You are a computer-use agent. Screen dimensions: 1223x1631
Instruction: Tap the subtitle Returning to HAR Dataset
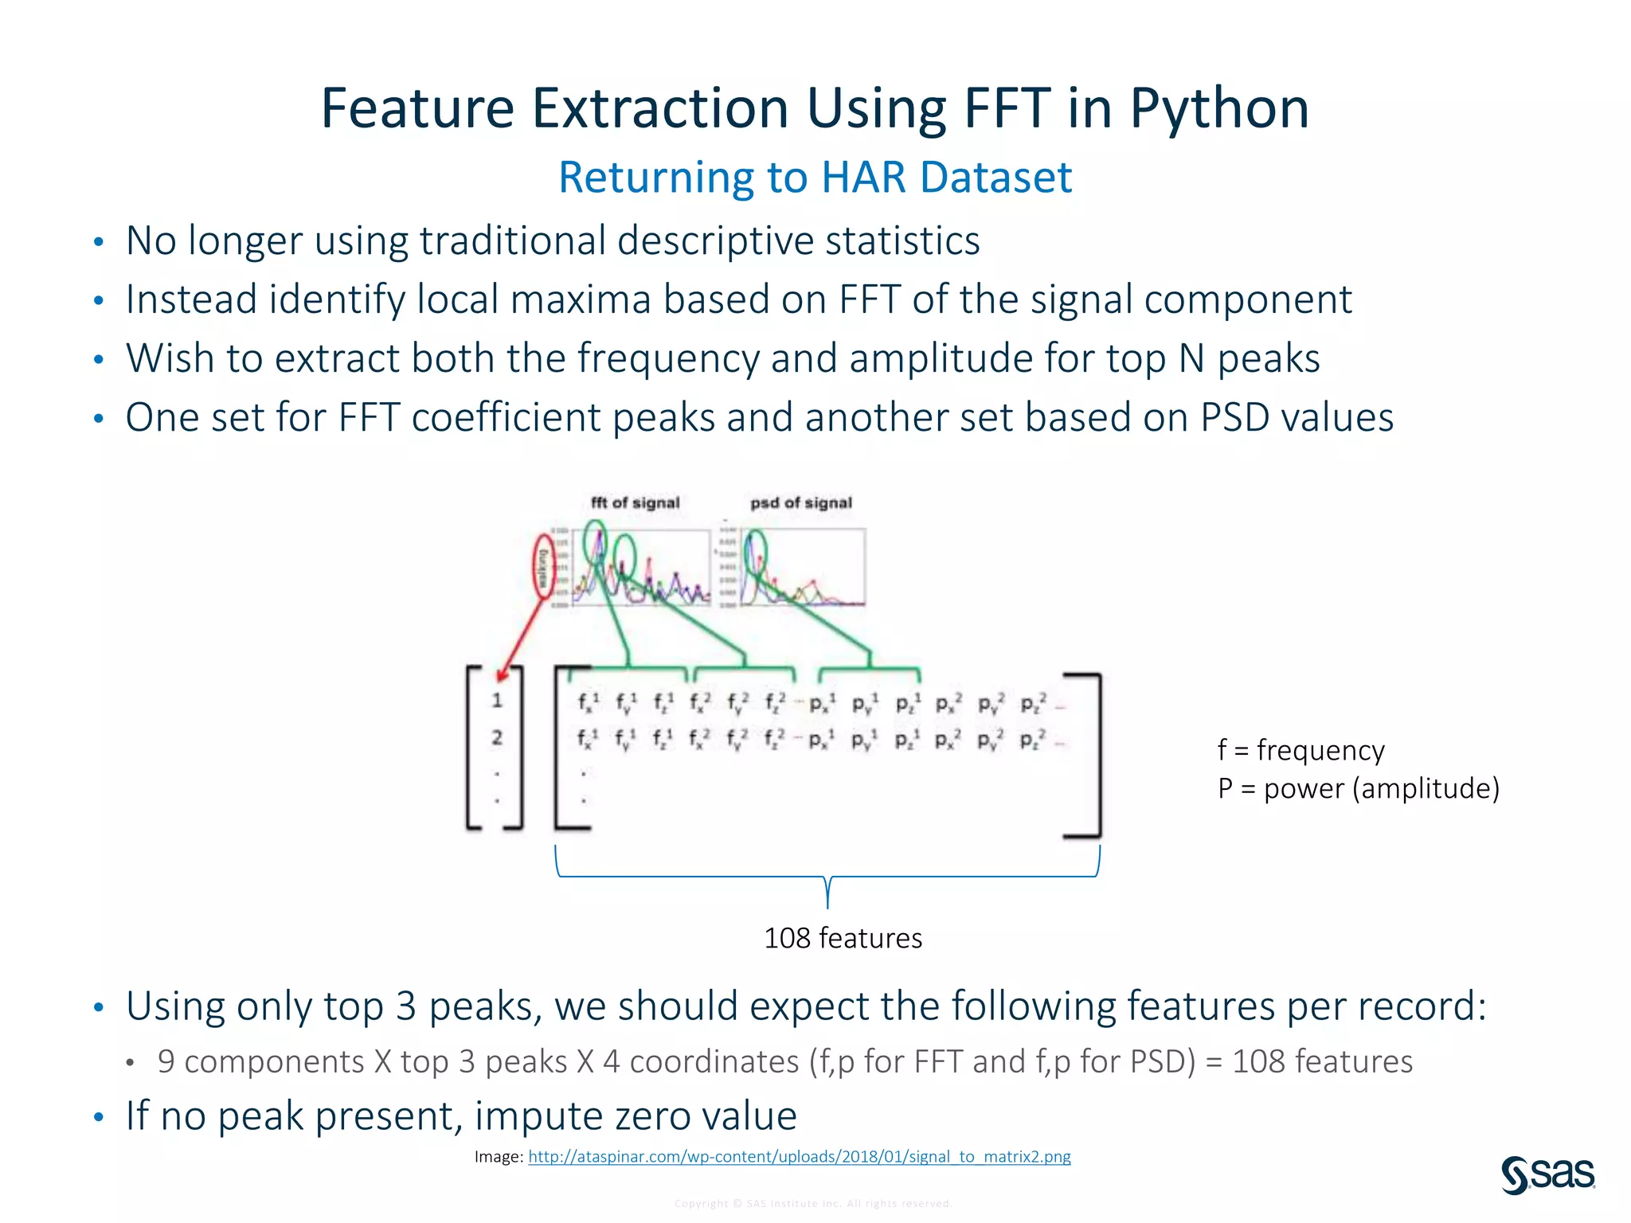click(815, 177)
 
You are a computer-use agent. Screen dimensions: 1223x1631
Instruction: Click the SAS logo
click(1547, 1174)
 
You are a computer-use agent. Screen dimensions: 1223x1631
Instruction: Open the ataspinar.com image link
click(799, 1156)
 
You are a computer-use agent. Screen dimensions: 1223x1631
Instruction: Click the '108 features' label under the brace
click(843, 938)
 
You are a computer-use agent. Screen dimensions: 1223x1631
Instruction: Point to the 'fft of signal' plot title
click(635, 502)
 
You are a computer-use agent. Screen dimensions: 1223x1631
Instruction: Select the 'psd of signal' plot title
click(800, 502)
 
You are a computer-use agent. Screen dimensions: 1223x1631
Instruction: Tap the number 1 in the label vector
click(497, 701)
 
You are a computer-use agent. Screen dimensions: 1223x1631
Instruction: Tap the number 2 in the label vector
click(497, 737)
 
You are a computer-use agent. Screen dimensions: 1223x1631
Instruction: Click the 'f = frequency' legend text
click(1300, 750)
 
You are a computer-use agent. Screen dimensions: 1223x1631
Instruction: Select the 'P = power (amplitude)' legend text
click(1358, 788)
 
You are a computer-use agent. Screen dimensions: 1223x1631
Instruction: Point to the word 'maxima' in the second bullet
click(580, 299)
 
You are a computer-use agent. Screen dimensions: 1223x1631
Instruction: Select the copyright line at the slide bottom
click(813, 1203)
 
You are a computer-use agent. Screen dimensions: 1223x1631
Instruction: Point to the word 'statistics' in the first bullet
click(902, 240)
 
